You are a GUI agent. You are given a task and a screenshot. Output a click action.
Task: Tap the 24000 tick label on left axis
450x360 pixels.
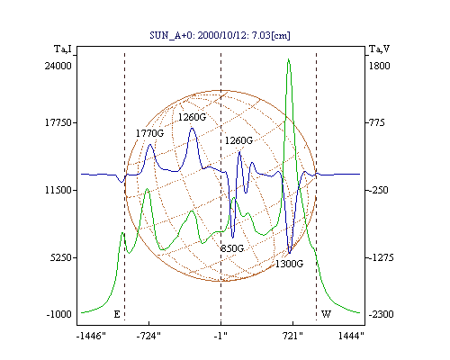pyautogui.click(x=58, y=66)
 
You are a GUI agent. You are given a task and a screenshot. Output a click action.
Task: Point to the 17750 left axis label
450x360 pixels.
pyautogui.click(x=58, y=122)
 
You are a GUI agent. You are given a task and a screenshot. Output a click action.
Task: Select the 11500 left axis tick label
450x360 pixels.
pyautogui.click(x=58, y=190)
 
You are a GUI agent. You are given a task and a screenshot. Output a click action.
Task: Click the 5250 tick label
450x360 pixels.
pyautogui.click(x=61, y=257)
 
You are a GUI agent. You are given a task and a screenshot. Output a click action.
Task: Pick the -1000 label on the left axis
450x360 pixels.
pyautogui.click(x=58, y=314)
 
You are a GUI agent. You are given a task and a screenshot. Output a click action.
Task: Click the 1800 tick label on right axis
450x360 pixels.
pyautogui.click(x=379, y=66)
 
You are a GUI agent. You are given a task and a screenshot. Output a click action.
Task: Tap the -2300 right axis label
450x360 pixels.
pyautogui.click(x=381, y=314)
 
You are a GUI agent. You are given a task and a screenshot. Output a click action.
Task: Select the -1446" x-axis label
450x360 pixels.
pyautogui.click(x=91, y=336)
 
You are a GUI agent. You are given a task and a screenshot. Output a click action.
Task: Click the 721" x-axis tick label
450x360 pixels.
pyautogui.click(x=292, y=336)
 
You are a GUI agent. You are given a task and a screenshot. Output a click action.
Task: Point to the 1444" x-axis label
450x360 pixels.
pyautogui.click(x=351, y=336)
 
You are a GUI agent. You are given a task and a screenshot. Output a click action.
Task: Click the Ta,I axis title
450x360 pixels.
pyautogui.click(x=63, y=49)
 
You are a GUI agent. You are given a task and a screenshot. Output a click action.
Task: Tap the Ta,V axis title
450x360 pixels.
pyautogui.click(x=380, y=49)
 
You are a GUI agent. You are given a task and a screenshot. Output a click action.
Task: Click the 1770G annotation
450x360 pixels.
pyautogui.click(x=149, y=133)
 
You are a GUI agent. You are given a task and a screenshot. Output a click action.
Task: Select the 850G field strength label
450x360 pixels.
pyautogui.click(x=232, y=248)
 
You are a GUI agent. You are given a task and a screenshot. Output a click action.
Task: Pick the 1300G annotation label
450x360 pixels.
pyautogui.click(x=289, y=264)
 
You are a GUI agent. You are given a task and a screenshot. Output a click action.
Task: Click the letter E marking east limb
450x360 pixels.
pyautogui.click(x=117, y=314)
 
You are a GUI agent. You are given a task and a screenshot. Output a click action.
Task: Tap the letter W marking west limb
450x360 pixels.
pyautogui.click(x=326, y=314)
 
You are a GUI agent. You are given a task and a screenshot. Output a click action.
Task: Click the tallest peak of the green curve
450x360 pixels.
pyautogui.click(x=288, y=59)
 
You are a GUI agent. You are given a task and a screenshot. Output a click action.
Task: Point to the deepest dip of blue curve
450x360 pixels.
pyautogui.click(x=290, y=253)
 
